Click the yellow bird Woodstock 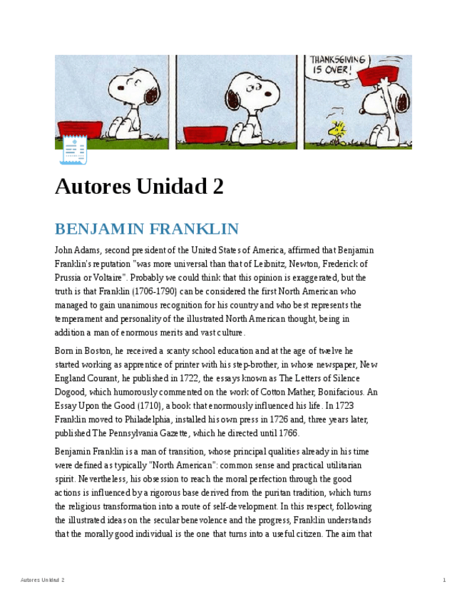[337, 130]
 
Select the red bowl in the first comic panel [80, 130]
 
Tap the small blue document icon [73, 150]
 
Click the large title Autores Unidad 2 [139, 187]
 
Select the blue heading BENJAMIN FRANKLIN [147, 229]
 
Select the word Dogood [71, 392]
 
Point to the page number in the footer [444, 580]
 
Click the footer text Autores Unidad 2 [43, 580]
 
